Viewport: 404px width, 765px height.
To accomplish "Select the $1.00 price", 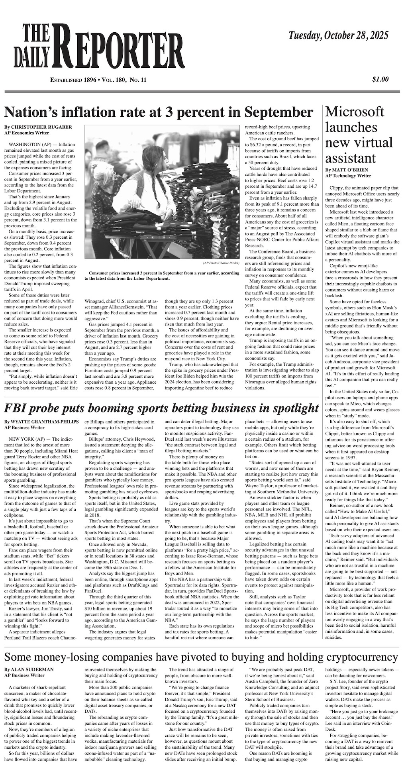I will tap(380, 79).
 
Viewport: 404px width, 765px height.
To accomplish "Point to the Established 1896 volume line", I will tap(98, 80).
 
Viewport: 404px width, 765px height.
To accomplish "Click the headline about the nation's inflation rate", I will tap(158, 112).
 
